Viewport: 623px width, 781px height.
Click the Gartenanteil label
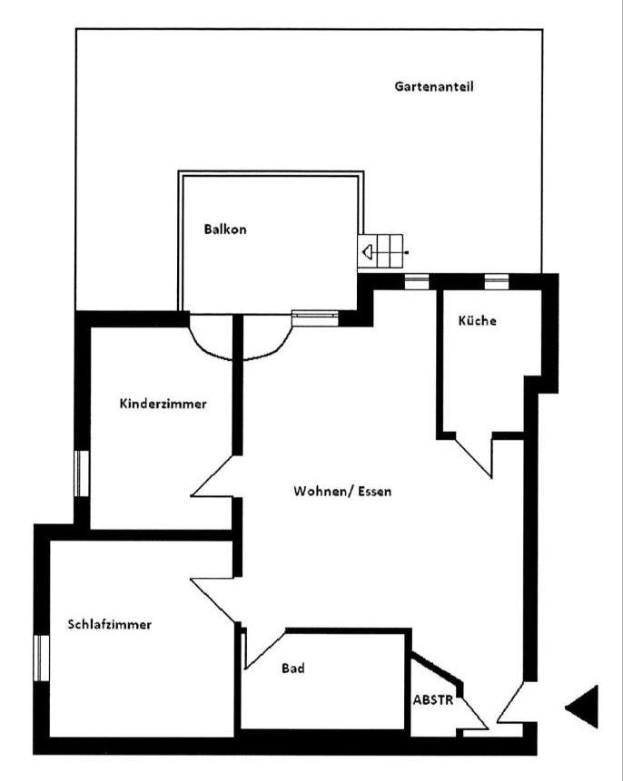(433, 86)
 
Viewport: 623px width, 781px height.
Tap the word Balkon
(225, 229)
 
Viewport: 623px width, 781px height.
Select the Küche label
(477, 320)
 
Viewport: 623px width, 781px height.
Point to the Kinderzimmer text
(163, 404)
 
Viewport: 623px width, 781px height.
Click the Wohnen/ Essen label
(342, 491)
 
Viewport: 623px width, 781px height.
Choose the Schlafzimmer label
(109, 624)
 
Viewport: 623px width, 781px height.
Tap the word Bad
(292, 668)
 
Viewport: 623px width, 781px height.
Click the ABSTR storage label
(433, 699)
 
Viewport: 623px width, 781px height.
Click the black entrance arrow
(581, 707)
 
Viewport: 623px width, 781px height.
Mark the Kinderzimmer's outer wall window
(82, 473)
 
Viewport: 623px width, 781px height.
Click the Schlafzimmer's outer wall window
(41, 658)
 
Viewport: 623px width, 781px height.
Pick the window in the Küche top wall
(496, 282)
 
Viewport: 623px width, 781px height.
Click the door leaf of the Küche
(474, 457)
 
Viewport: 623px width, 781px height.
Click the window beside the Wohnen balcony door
(315, 317)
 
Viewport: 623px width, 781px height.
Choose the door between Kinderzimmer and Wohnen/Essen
(212, 475)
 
